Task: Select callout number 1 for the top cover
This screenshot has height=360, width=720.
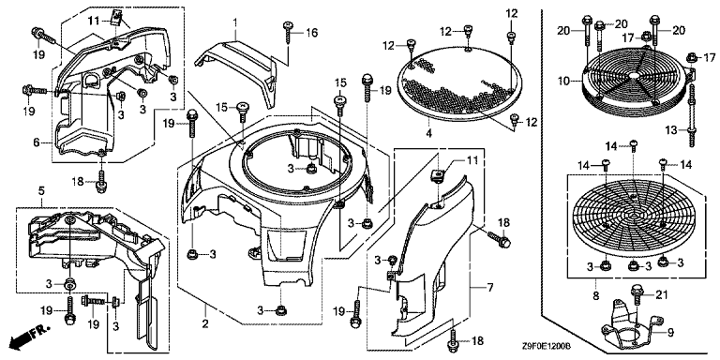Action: click(x=235, y=22)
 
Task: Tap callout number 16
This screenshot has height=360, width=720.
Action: click(x=312, y=33)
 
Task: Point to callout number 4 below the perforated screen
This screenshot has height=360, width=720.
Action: click(x=428, y=134)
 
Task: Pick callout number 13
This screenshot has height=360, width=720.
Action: click(x=671, y=130)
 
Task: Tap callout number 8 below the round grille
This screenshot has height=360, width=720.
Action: click(x=596, y=296)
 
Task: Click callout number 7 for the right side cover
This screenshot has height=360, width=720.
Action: click(x=490, y=288)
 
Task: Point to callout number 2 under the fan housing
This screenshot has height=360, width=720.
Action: click(x=205, y=324)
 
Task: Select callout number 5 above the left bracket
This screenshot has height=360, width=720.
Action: click(x=41, y=202)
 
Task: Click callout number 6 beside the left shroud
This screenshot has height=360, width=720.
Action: click(x=36, y=142)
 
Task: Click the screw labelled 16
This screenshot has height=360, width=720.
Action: click(x=288, y=32)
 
